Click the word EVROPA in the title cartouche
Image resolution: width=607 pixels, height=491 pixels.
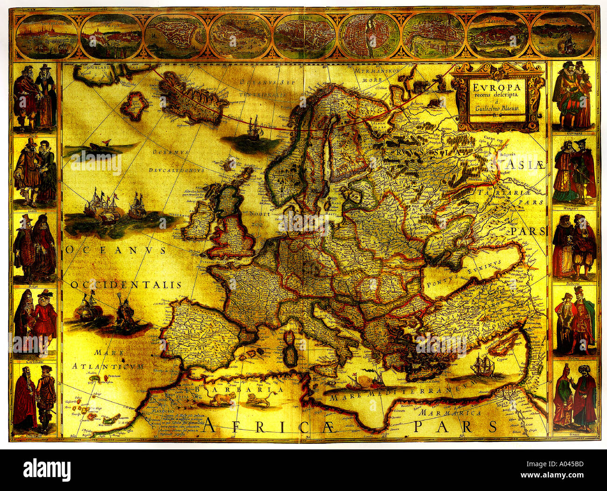(x=492, y=87)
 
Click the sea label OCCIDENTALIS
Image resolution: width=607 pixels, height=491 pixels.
(x=126, y=285)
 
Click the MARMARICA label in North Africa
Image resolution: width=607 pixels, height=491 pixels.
(x=450, y=413)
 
